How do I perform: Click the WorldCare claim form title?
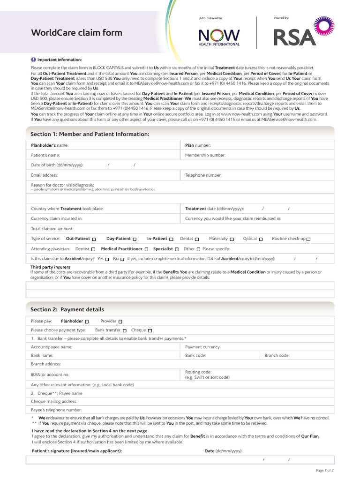(76, 33)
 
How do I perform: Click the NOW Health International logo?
(219, 37)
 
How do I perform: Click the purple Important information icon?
(33, 60)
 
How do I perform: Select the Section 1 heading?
(90, 134)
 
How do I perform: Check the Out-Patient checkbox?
(94, 239)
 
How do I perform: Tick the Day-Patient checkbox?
(135, 239)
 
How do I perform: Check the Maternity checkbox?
(232, 239)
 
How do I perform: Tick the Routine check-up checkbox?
(308, 239)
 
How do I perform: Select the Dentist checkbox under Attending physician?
(93, 249)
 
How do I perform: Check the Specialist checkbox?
(176, 249)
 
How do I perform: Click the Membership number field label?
(205, 155)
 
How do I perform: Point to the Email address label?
(45, 175)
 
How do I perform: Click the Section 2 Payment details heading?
(67, 309)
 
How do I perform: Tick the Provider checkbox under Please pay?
(120, 322)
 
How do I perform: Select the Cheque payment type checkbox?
(150, 330)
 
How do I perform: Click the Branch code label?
(277, 356)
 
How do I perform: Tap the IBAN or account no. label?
(50, 375)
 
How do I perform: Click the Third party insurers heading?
(50, 267)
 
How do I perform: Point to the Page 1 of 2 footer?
(325, 470)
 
